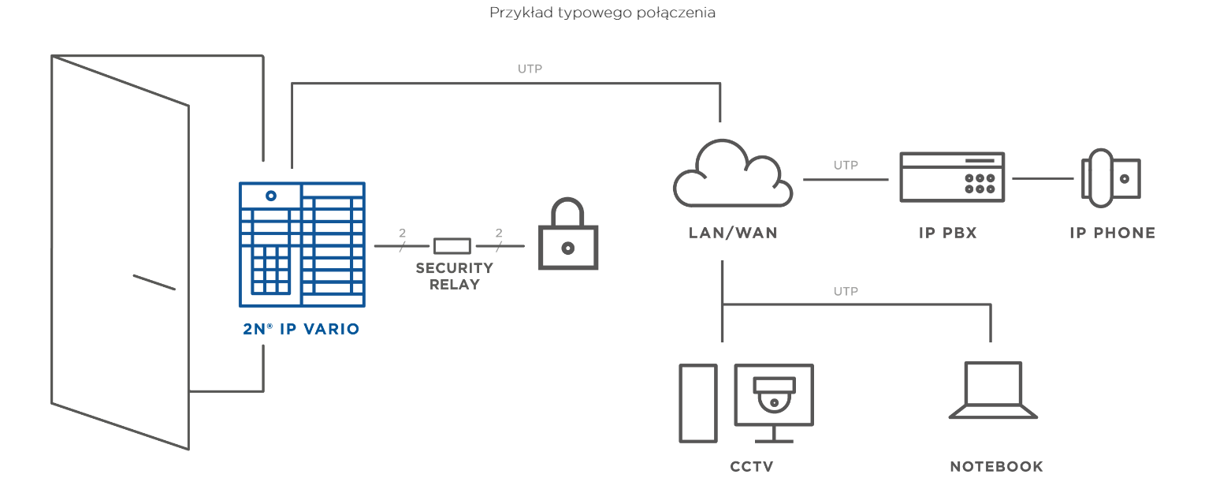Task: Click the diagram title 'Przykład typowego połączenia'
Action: pyautogui.click(x=602, y=13)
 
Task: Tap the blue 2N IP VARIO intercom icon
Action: pyautogui.click(x=302, y=245)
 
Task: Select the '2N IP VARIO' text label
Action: pyautogui.click(x=301, y=329)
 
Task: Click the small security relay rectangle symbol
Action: pyautogui.click(x=452, y=245)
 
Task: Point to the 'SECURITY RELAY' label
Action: pyautogui.click(x=455, y=276)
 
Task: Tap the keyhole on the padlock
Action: pyautogui.click(x=568, y=248)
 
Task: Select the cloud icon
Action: pyautogui.click(x=732, y=174)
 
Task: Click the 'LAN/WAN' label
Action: pyautogui.click(x=733, y=233)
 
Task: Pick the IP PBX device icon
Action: pyautogui.click(x=952, y=177)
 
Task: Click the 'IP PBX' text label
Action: pyautogui.click(x=948, y=233)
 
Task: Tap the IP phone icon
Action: pyautogui.click(x=1110, y=178)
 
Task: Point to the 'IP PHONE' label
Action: pyautogui.click(x=1112, y=233)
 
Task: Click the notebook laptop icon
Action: pyautogui.click(x=993, y=390)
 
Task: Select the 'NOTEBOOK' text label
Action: pyautogui.click(x=996, y=466)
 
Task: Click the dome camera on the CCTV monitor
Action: pyautogui.click(x=774, y=394)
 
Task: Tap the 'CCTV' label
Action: pyautogui.click(x=751, y=466)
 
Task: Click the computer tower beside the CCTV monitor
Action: pyautogui.click(x=698, y=403)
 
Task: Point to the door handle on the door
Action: pyautogui.click(x=154, y=282)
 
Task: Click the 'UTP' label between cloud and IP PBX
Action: pyautogui.click(x=846, y=165)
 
